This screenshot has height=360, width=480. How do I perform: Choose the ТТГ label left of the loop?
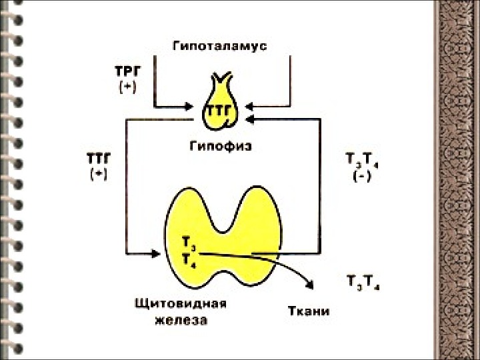pos(98,159)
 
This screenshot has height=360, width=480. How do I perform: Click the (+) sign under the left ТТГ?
pos(98,174)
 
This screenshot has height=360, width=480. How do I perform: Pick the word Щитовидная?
pos(181,305)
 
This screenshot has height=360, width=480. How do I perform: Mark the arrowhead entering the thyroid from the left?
pos(157,253)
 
